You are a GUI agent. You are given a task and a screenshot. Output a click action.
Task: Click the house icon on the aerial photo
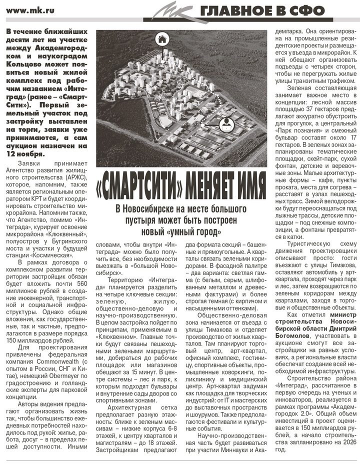click(162, 39)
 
